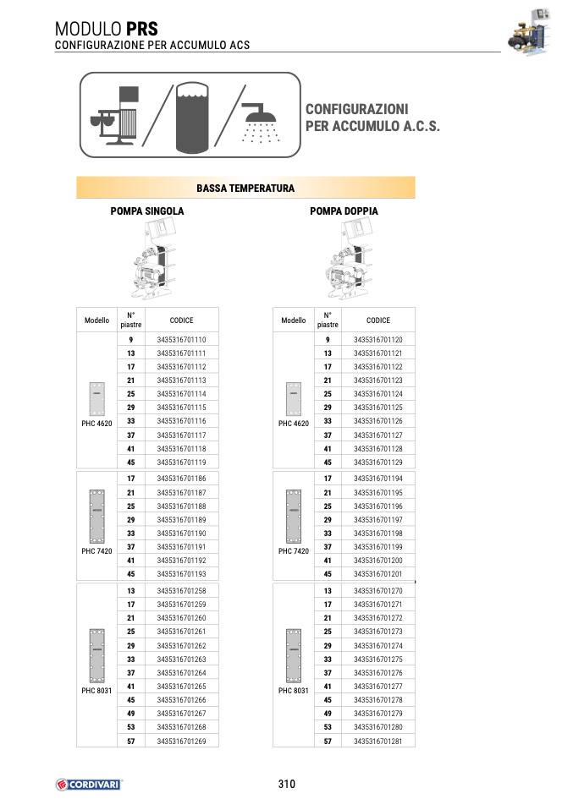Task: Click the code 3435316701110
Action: [x=181, y=339]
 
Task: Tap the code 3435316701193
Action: [x=181, y=574]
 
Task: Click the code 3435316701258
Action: [x=181, y=590]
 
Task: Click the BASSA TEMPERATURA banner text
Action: [x=245, y=188]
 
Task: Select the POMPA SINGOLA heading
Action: [x=147, y=211]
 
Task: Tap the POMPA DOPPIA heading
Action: [x=344, y=211]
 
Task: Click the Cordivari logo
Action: [x=89, y=784]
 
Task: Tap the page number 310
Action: [x=286, y=784]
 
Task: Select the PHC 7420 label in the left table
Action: [x=96, y=550]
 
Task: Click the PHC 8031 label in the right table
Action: [x=294, y=690]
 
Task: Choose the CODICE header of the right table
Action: [x=377, y=320]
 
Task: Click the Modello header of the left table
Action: [x=96, y=320]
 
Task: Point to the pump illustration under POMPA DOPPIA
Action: [x=347, y=260]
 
